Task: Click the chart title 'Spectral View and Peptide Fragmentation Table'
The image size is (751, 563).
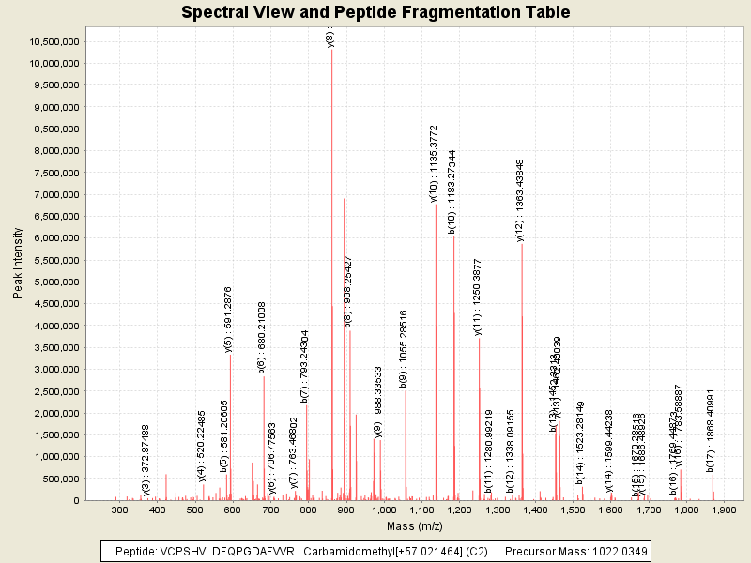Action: click(375, 12)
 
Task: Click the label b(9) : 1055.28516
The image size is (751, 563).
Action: click(404, 348)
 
